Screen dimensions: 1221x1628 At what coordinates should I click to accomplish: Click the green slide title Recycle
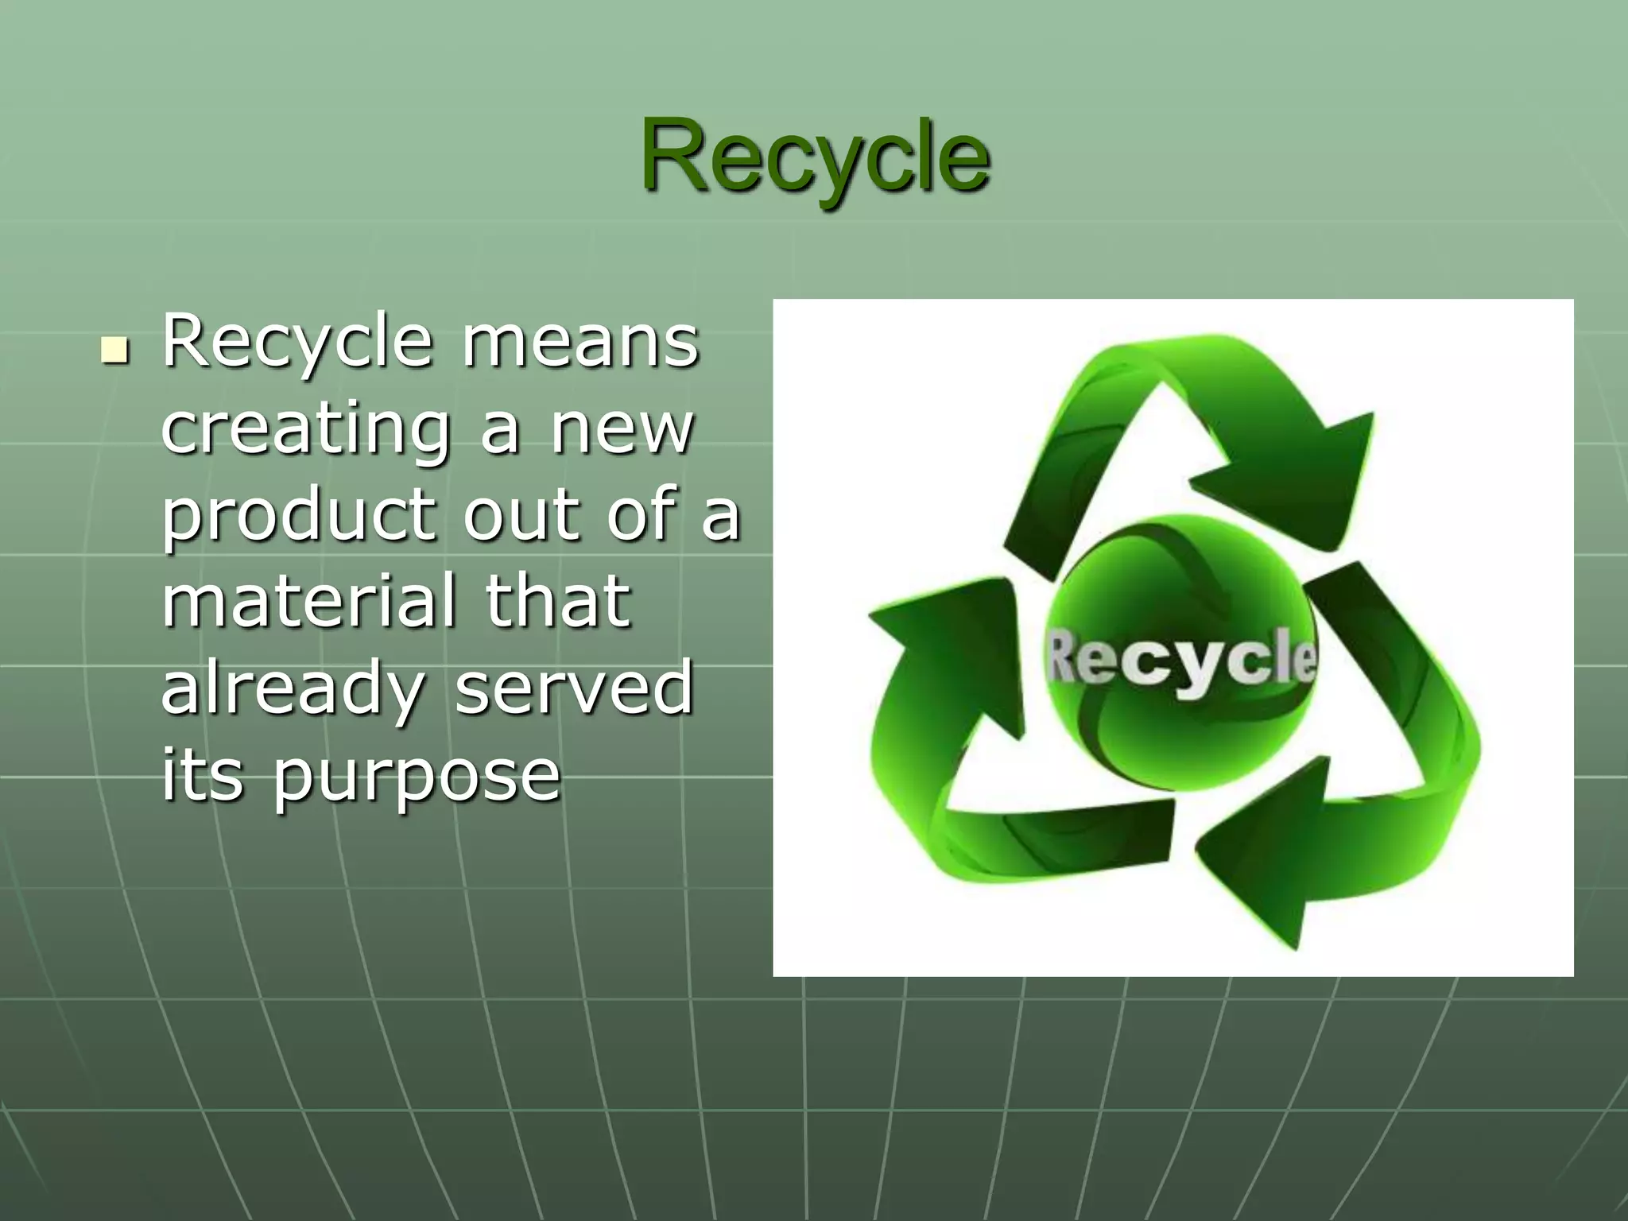pyautogui.click(x=815, y=156)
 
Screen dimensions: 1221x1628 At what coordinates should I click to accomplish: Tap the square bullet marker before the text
pyautogui.click(x=115, y=350)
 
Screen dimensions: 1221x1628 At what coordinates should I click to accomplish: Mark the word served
pyautogui.click(x=574, y=688)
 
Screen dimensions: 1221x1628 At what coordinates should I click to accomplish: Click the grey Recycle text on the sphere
pyautogui.click(x=1180, y=658)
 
